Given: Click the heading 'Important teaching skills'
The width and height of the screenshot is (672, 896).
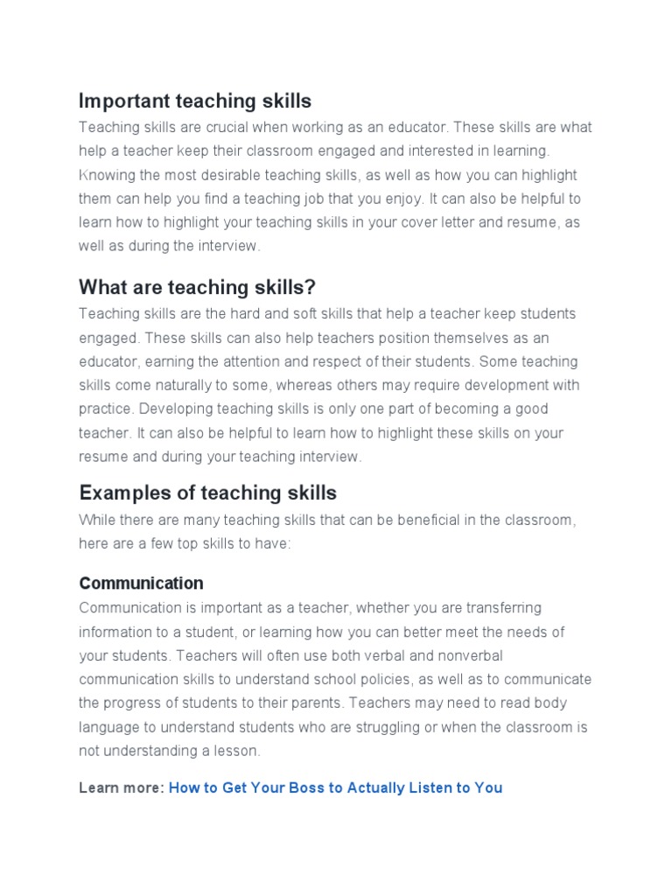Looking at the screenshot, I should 195,101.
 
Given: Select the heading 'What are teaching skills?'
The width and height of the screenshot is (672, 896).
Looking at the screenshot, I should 197,287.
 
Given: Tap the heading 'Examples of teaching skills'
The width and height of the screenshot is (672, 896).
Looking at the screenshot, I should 207,493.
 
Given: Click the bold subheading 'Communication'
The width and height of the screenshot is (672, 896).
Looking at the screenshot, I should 141,583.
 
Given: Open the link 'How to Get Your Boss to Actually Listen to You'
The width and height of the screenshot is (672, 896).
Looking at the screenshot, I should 335,787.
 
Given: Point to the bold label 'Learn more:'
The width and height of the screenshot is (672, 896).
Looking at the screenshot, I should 122,787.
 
